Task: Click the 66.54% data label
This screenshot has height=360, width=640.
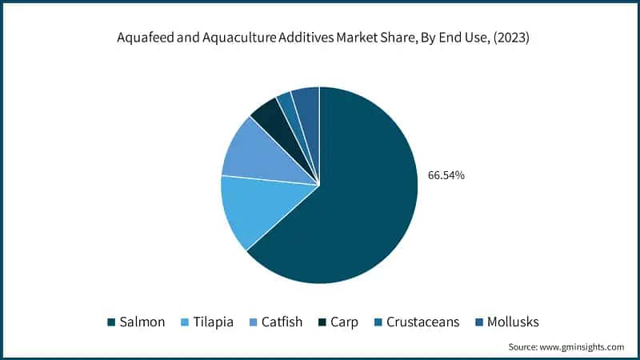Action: point(447,175)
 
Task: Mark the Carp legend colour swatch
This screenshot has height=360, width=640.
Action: point(320,322)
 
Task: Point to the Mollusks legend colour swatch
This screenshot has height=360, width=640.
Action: point(477,322)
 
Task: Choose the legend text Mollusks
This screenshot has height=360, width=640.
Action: point(514,322)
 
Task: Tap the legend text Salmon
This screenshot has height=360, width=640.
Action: point(142,322)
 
